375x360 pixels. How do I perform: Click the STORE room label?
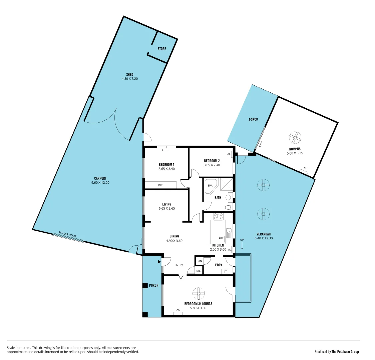[162, 49]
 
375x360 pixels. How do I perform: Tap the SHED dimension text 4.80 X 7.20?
[130, 79]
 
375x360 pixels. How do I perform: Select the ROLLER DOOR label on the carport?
[67, 234]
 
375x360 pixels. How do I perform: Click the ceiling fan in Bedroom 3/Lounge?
[199, 294]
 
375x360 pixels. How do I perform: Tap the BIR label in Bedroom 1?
[160, 185]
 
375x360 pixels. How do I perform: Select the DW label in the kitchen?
[221, 238]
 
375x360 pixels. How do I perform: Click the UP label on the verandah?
[242, 240]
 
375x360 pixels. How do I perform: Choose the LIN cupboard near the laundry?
[200, 261]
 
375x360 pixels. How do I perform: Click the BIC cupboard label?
[199, 271]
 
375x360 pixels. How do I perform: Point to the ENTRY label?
[178, 265]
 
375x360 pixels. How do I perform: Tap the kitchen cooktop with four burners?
[218, 216]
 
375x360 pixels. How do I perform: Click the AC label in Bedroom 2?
[229, 154]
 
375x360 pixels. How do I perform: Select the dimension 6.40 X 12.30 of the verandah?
[264, 238]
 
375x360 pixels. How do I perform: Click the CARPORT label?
[100, 178]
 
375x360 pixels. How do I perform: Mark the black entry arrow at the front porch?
[159, 262]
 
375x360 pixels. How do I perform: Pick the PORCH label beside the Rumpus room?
[253, 119]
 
